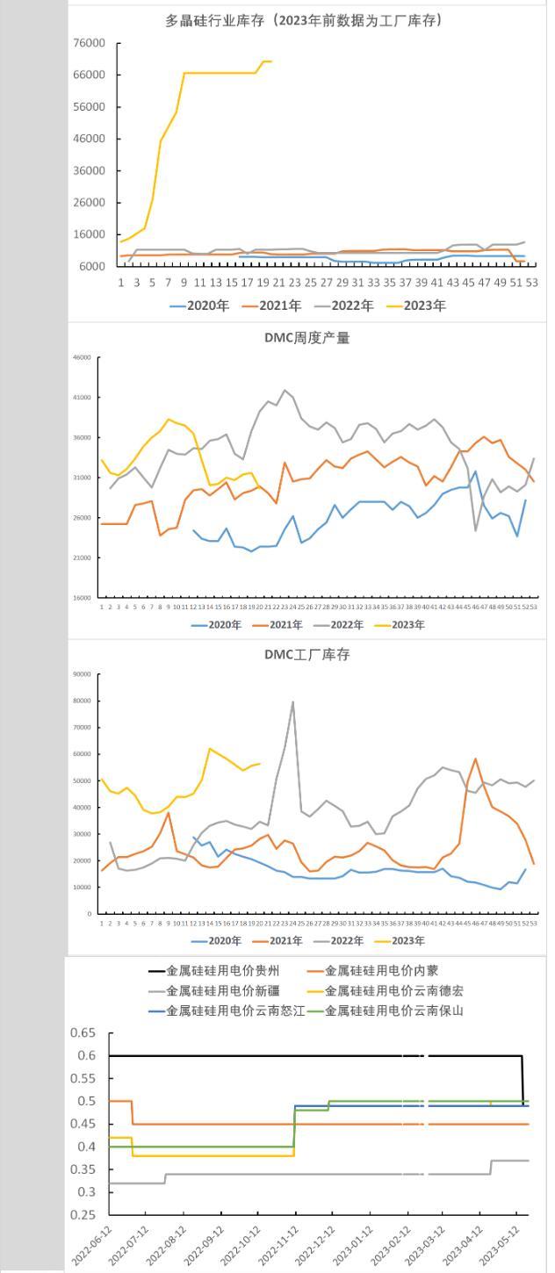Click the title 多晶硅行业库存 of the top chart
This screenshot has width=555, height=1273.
tap(304, 20)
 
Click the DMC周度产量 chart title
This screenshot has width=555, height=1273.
tap(306, 338)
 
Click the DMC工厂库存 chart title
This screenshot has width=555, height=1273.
tap(306, 655)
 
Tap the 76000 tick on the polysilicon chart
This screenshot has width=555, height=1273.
tap(88, 43)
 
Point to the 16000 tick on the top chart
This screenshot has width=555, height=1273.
tap(88, 234)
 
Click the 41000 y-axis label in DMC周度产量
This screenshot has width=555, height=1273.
tap(82, 398)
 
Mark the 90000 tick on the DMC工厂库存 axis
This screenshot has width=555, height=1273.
tap(82, 674)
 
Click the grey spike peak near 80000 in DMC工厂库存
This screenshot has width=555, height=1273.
tap(292, 701)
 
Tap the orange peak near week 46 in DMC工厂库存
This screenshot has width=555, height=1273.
tap(475, 759)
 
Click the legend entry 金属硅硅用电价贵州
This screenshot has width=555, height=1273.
tap(216, 971)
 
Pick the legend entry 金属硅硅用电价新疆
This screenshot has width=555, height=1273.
tap(216, 991)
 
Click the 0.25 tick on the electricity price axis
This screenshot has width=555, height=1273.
tap(84, 1215)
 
